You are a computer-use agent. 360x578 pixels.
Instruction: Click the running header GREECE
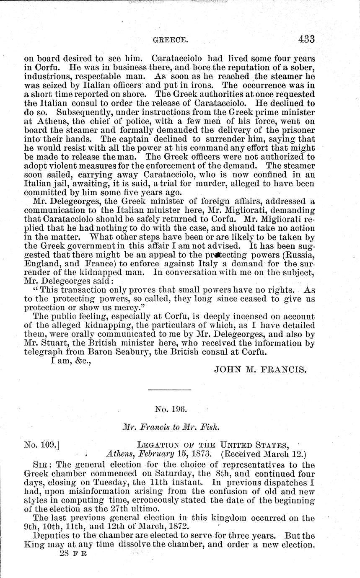click(170, 41)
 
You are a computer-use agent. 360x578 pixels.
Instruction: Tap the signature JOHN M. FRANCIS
click(261, 369)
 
